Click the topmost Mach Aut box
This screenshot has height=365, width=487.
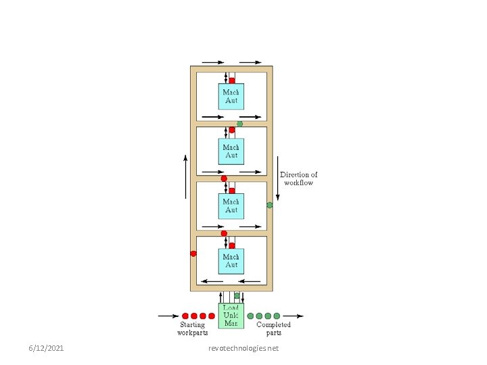click(x=231, y=96)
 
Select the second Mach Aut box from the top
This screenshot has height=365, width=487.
click(x=231, y=151)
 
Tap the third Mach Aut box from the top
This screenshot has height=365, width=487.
click(x=231, y=205)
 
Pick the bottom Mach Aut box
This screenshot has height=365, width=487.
click(x=231, y=261)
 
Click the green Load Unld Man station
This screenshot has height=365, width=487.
click(x=231, y=316)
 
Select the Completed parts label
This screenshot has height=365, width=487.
click(x=273, y=328)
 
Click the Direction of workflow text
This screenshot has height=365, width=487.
click(x=298, y=178)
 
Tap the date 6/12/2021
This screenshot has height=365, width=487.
click(x=47, y=347)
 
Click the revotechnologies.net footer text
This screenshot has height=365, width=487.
click(x=243, y=347)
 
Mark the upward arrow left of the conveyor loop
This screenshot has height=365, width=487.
click(x=186, y=176)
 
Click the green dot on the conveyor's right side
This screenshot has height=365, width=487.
click(x=269, y=205)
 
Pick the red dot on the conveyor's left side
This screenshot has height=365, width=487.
click(x=193, y=253)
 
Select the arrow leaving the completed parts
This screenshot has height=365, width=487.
click(x=294, y=316)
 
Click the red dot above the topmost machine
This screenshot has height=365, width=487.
click(x=231, y=80)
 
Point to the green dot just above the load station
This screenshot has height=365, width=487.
click(x=237, y=295)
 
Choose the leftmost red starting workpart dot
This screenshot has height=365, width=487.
click(x=185, y=316)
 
